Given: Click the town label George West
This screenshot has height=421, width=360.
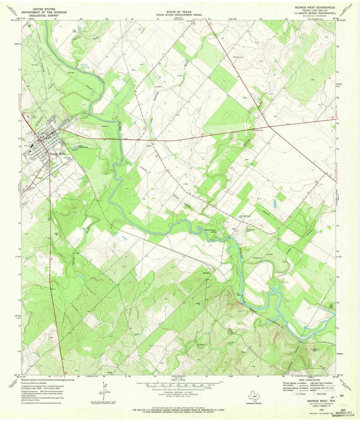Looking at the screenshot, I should click(57, 154).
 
